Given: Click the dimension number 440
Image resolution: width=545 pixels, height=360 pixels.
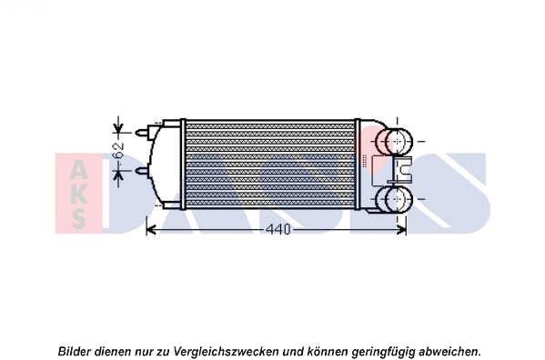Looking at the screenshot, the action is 278,229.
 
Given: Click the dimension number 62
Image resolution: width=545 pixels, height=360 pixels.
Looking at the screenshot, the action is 117,151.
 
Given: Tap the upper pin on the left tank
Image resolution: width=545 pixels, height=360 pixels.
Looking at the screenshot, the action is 143,132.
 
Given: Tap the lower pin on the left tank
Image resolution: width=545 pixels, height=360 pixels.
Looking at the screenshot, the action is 143,170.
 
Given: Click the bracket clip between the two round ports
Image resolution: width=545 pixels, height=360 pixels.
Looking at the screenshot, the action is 403,169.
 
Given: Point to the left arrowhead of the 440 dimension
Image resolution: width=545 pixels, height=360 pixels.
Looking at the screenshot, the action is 152,229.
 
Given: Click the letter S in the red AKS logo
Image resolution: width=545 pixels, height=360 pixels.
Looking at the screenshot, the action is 79,217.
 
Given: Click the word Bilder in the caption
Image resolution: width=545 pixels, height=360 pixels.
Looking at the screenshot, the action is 76,350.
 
